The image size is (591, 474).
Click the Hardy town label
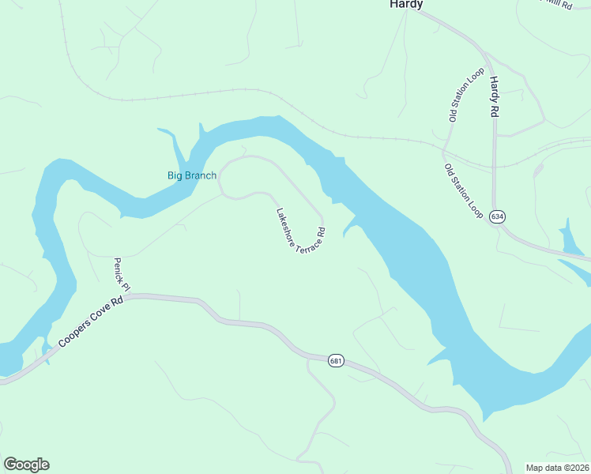[x=406, y=5]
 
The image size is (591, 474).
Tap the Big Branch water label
[x=191, y=175]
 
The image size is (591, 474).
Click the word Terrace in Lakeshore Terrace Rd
[x=304, y=239]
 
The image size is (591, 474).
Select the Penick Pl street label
[x=119, y=272]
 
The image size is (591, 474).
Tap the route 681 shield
[x=337, y=361]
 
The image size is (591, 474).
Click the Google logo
[x=26, y=465]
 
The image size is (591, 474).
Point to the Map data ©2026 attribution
[x=557, y=467]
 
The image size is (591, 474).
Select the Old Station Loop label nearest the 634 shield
[x=464, y=192]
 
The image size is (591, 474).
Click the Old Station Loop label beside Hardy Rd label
[x=465, y=95]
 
